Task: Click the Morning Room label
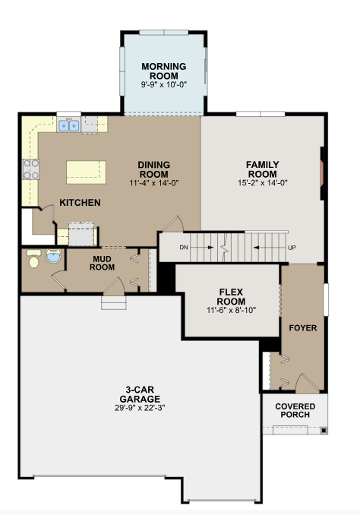coord(164,71)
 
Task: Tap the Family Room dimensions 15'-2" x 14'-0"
coord(263,183)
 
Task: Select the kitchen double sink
coord(69,125)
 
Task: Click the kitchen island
coord(86,172)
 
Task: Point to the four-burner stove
coord(31,169)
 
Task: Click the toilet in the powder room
coord(33,259)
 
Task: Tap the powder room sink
coord(53,255)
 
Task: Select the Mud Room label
coord(103,263)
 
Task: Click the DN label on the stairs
coord(184,248)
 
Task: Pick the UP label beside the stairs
coord(292,248)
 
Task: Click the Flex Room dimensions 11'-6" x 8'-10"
coord(231,310)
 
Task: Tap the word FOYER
coord(303,328)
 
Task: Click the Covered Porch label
coord(295,410)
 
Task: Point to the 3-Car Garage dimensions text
coord(140,408)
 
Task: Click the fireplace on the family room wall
coord(322,173)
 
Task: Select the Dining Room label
coord(153,169)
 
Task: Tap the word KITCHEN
coord(80,203)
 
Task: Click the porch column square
coord(324,430)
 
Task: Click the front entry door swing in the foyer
coord(308,383)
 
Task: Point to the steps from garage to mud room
coord(114,303)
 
